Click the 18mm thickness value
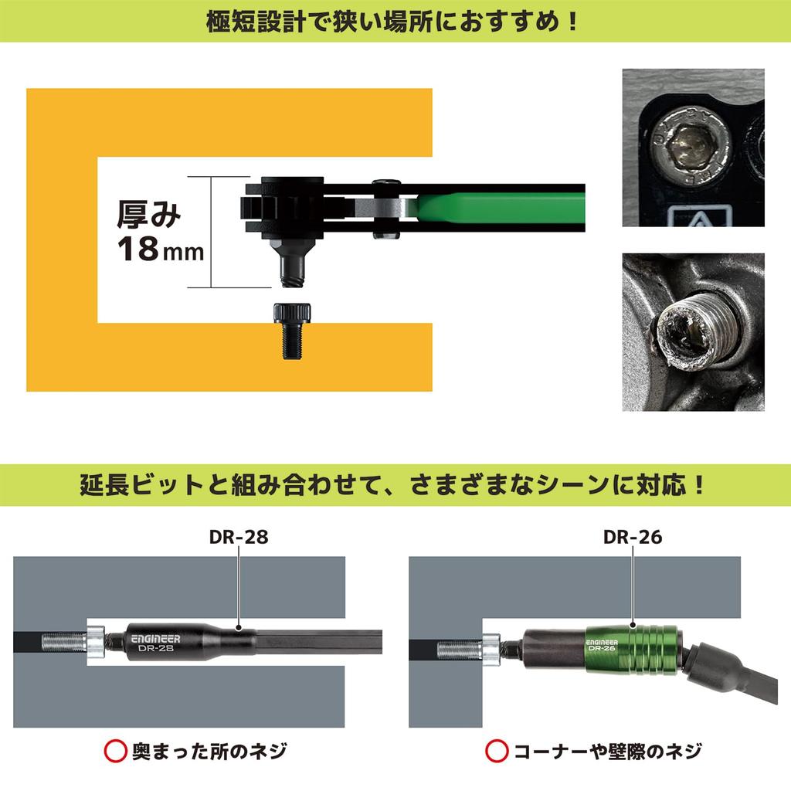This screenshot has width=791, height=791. [159, 250]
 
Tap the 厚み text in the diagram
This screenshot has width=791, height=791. [148, 214]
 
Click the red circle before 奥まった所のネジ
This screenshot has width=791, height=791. [115, 750]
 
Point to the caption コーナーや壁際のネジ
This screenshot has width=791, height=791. [608, 750]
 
